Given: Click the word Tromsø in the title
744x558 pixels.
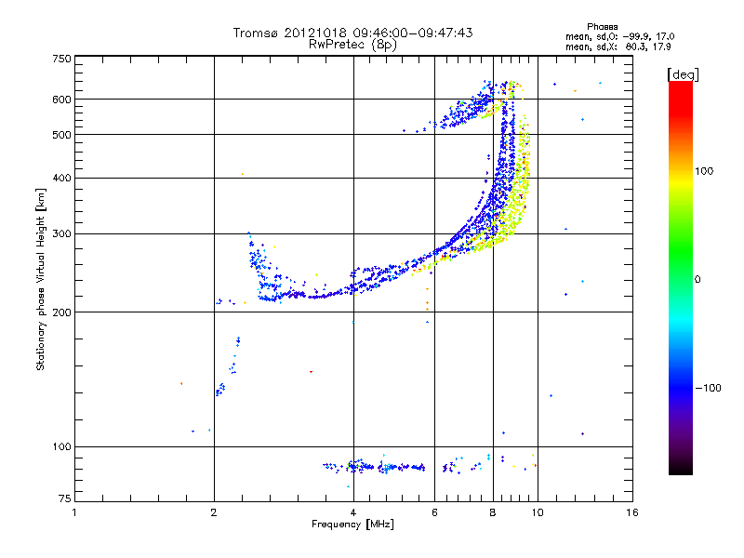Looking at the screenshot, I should [x=256, y=33].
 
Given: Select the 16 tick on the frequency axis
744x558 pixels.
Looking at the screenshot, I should [x=632, y=512].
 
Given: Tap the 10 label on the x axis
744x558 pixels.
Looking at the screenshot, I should [x=538, y=512].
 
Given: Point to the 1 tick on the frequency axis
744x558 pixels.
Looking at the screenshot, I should [x=74, y=512].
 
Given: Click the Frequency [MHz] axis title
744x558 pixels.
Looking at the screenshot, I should [x=352, y=525].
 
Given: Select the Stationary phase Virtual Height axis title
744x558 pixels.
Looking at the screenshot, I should [x=41, y=279].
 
